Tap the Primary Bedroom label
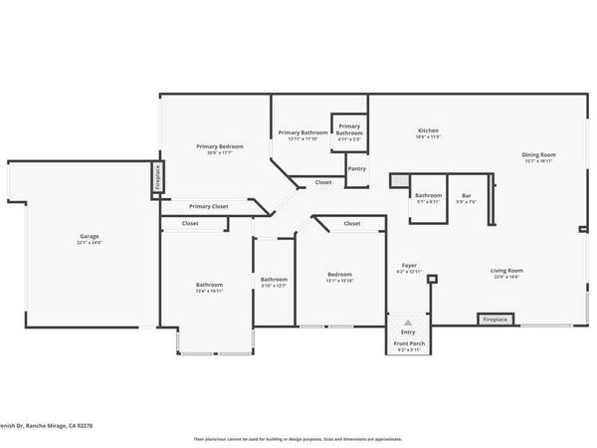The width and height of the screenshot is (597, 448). (219, 146)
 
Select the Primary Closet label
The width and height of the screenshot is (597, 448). (209, 206)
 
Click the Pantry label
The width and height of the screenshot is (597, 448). (356, 169)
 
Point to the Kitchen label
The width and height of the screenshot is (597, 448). (428, 131)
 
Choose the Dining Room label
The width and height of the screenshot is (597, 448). (539, 154)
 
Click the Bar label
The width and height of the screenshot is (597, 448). (466, 195)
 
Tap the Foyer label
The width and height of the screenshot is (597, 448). (409, 266)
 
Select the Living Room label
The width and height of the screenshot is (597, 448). (506, 270)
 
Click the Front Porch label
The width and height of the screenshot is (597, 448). (408, 343)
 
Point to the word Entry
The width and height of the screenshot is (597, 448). (408, 332)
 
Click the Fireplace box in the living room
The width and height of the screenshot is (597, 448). (495, 320)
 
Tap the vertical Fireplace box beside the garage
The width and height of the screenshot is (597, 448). (156, 177)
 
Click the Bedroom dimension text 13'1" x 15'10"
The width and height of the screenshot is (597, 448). (341, 280)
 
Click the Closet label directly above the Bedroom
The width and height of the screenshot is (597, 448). (351, 224)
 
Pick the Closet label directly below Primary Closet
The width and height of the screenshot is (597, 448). (190, 224)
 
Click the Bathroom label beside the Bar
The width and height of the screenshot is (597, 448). (429, 195)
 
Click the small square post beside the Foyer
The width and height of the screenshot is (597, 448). (431, 279)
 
